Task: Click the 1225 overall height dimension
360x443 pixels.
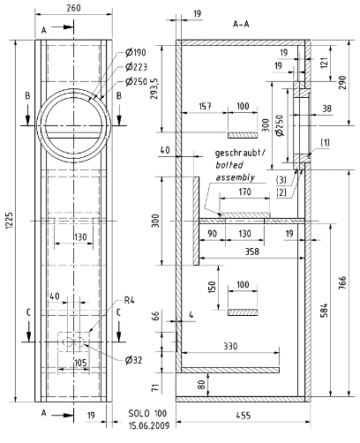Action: (10, 221)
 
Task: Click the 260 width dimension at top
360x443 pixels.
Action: (73, 8)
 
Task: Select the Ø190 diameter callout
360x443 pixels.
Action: (135, 52)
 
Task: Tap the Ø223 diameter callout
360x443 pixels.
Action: (136, 67)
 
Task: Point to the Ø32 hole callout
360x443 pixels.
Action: (133, 360)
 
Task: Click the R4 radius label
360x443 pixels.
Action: (129, 301)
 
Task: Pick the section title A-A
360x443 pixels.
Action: (241, 24)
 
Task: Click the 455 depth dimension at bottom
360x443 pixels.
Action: (244, 416)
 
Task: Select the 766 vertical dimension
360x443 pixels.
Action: (342, 283)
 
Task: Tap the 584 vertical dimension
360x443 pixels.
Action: (324, 311)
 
